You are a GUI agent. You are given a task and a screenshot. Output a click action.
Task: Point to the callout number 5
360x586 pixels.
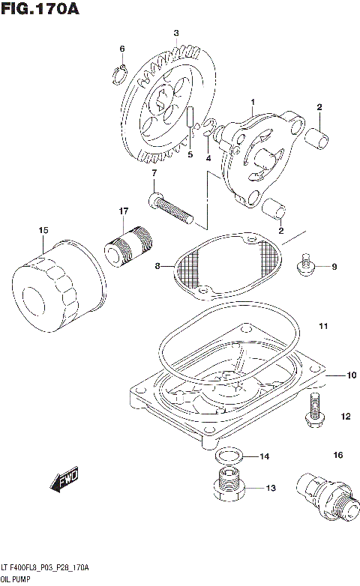click(190, 155)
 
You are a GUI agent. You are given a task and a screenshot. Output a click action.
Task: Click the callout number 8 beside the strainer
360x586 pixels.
click(157, 265)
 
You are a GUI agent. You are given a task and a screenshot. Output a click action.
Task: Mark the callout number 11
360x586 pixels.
click(322, 326)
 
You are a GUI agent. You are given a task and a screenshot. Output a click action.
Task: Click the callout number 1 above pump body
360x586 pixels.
click(253, 101)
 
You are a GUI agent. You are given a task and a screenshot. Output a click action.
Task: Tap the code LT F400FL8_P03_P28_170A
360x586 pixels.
click(45, 568)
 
